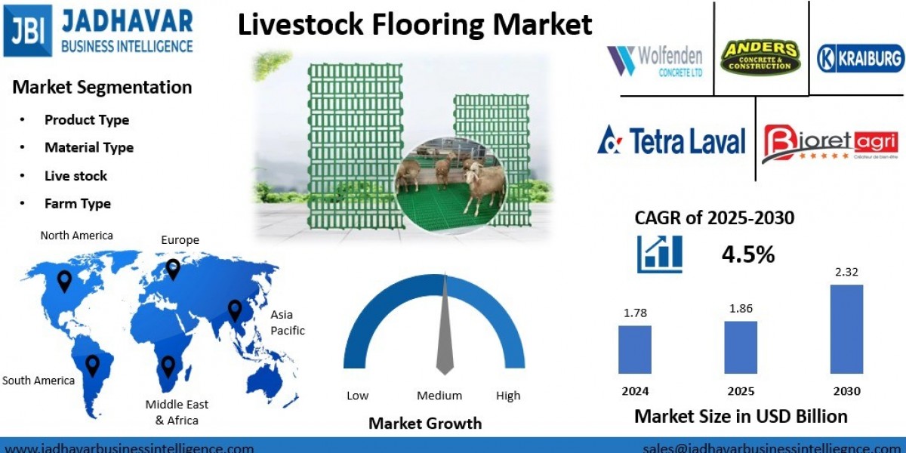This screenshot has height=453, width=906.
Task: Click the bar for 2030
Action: [x=846, y=329]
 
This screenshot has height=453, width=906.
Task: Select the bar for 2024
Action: [x=634, y=350]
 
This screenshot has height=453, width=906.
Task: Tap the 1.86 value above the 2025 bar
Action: [x=741, y=308]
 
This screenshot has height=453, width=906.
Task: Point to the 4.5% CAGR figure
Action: [x=748, y=254]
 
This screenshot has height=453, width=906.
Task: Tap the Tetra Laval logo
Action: [x=671, y=141]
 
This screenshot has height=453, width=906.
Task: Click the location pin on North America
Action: [x=65, y=281]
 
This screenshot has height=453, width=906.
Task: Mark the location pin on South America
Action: [x=92, y=365]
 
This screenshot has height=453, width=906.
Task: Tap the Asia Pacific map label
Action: [x=287, y=322]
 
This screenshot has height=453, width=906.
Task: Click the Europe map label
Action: [x=180, y=240]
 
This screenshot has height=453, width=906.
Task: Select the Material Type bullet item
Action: [x=89, y=147]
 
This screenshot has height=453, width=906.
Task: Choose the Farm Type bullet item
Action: [x=78, y=203]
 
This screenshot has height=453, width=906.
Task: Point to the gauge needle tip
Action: [x=445, y=278]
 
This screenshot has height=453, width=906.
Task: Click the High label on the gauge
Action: [x=508, y=396]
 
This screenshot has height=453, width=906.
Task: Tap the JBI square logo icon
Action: [x=28, y=30]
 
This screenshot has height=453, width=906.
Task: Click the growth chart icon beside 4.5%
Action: [x=660, y=254]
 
